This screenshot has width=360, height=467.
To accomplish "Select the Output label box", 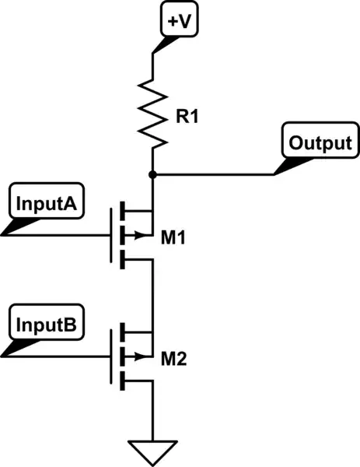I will pos(320,143).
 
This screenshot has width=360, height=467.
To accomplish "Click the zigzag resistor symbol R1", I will pos(153,118).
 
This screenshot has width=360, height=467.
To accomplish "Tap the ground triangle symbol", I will pos(153,450).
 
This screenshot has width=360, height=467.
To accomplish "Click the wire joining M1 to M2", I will pos(153,296).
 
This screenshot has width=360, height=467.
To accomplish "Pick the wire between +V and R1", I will pos(153,66).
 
